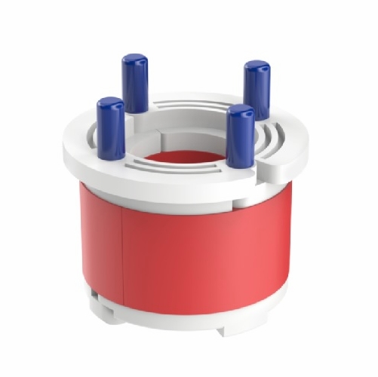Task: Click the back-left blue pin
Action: [135, 84]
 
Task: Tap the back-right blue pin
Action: [257, 90]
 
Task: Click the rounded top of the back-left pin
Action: [135, 60]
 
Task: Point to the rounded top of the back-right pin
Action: [257, 67]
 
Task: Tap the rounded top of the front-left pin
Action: [110, 103]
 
